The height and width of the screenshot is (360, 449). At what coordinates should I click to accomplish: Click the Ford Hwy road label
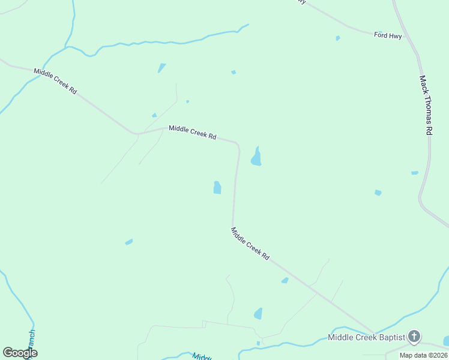(388, 35)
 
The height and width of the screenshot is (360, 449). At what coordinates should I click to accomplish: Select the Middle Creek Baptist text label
(367, 337)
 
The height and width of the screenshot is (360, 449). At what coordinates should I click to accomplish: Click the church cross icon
(414, 336)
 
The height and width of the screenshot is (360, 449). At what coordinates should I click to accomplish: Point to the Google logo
(20, 353)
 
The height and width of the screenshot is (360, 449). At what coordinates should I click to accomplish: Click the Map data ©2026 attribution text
(423, 355)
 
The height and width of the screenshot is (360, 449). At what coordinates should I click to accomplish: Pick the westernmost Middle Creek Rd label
(55, 80)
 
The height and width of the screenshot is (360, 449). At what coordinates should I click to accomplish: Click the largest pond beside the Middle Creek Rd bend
(256, 157)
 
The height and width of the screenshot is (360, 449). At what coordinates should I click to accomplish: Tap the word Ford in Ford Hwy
(381, 35)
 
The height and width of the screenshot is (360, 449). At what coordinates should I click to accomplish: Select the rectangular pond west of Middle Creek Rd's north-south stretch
(217, 188)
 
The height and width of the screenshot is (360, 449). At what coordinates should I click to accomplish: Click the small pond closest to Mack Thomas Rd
(415, 173)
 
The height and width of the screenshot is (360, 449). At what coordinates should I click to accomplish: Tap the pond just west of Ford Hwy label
(338, 38)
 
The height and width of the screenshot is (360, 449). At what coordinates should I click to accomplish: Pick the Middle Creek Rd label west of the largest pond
(192, 132)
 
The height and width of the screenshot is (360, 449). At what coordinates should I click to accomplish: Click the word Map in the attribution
(406, 355)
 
